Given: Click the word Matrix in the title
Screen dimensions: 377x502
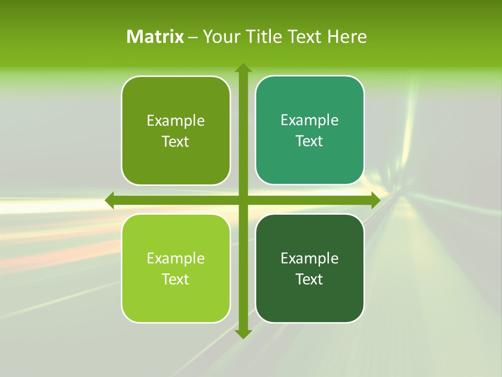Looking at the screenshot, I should coord(155,37).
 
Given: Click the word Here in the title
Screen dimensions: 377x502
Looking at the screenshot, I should coord(347,37).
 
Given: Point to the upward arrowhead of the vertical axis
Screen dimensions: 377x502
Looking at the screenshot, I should coord(243,68).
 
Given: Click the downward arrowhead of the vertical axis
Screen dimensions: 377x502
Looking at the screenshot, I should coord(243,334).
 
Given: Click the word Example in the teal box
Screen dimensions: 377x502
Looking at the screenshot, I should coord(310,120).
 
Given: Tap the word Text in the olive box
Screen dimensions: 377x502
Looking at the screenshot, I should coord(176,142).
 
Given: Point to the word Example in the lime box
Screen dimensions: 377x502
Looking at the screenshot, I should coord(176,258).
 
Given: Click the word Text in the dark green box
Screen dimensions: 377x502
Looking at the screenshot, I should coord(310,279).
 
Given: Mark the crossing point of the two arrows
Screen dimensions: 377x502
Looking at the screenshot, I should coord(243,200).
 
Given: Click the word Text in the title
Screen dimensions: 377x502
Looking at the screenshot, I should coord(304,37).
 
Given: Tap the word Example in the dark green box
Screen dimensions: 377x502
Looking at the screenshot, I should coord(310,258).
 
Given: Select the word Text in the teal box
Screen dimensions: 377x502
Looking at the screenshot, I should coord(310,141).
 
